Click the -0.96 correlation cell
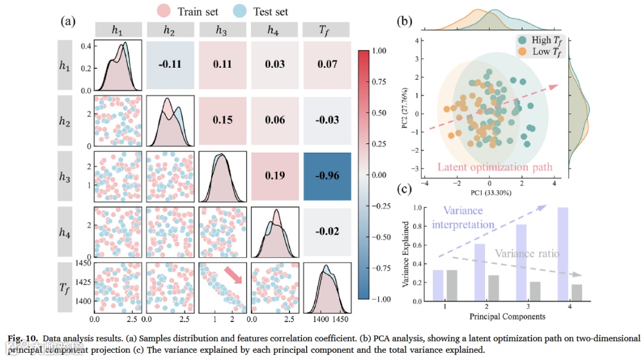click(x=326, y=176)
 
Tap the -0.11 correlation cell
click(x=169, y=64)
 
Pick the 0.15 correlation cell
click(x=222, y=120)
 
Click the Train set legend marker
click(x=165, y=11)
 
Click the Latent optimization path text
click(x=495, y=167)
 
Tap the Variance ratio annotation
click(x=527, y=254)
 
